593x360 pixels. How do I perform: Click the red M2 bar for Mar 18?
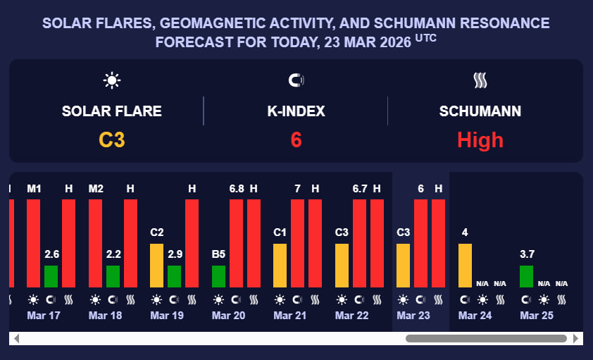tap(95, 243)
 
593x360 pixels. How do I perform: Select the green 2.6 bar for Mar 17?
tap(51, 276)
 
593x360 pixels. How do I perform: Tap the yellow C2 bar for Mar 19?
tap(157, 265)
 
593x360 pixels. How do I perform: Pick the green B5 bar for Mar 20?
tap(218, 276)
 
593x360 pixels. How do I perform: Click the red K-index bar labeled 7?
tap(297, 243)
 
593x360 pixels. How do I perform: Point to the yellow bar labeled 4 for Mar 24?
tap(465, 265)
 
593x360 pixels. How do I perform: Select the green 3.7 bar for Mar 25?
tap(526, 276)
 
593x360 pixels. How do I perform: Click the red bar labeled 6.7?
tap(359, 243)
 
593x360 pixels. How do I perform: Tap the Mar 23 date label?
tap(413, 316)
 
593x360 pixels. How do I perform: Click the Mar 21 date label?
tap(290, 316)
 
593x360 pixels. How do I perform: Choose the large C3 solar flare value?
tap(111, 139)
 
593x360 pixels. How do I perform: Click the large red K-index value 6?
tap(296, 139)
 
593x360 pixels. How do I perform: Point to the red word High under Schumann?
tap(480, 139)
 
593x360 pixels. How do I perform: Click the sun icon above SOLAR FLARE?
tap(111, 80)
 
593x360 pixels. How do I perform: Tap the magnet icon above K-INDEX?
tap(296, 80)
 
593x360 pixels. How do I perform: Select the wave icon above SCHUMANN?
tap(480, 80)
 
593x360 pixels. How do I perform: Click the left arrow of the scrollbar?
tap(17, 339)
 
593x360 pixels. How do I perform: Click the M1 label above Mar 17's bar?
tap(34, 189)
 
